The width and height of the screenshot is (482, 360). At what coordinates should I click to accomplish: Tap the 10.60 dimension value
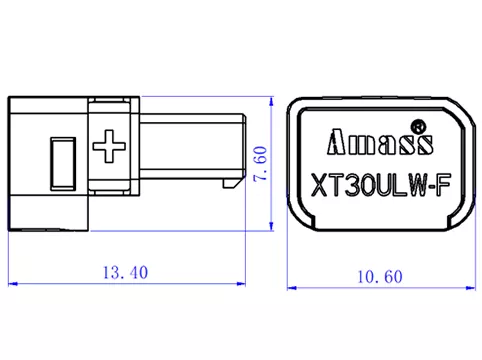pyautogui.click(x=378, y=273)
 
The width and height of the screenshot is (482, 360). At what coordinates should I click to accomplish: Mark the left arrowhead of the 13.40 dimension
pyautogui.click(x=12, y=286)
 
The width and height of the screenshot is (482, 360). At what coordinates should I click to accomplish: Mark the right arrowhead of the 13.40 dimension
pyautogui.click(x=241, y=286)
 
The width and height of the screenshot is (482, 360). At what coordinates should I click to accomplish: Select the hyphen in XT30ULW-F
pyautogui.click(x=430, y=186)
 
